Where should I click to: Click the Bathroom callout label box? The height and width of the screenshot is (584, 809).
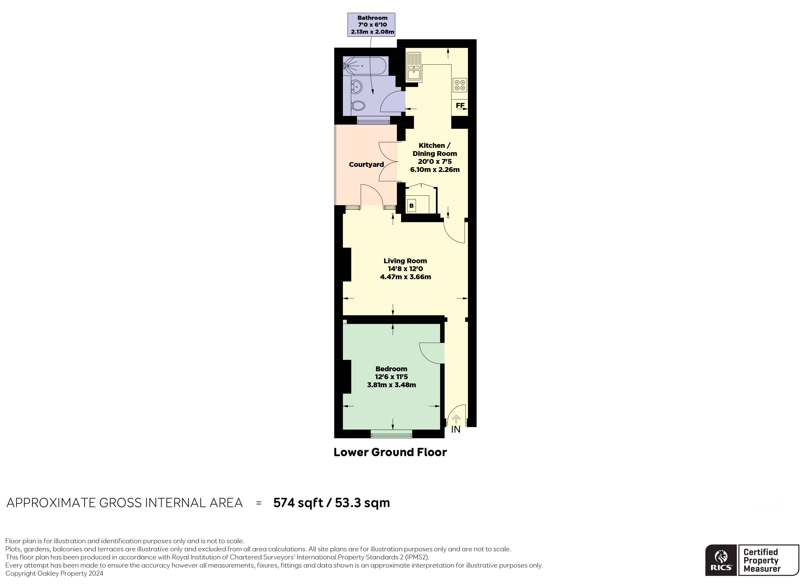click(x=371, y=25)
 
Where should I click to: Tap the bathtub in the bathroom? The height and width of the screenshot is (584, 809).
click(x=365, y=66)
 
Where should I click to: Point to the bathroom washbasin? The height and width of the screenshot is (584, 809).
click(x=357, y=86)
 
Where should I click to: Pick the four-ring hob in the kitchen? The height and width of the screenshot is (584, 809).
click(x=459, y=85)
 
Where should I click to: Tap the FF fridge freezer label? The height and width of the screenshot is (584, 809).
click(x=460, y=105)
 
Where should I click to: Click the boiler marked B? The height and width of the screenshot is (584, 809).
click(x=411, y=206)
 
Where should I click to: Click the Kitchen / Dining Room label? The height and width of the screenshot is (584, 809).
click(x=435, y=150)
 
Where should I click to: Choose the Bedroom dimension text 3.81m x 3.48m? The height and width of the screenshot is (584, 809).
click(x=391, y=385)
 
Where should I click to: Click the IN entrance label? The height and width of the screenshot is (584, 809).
click(x=456, y=429)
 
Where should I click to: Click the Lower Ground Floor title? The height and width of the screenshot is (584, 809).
click(x=390, y=452)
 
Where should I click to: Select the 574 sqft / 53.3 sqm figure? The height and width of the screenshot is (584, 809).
click(x=332, y=503)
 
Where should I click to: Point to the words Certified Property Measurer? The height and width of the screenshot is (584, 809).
click(x=762, y=560)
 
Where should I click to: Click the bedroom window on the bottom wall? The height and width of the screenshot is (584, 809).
click(x=391, y=434)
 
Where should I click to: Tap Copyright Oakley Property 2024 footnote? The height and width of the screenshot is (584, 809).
click(x=54, y=574)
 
